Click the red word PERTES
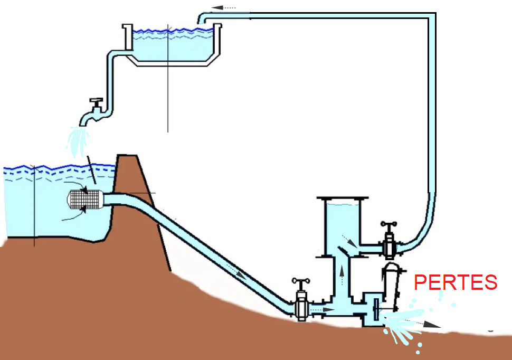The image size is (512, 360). coord(456,282)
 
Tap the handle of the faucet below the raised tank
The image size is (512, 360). coord(96,100)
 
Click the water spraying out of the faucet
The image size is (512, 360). coord(78,140)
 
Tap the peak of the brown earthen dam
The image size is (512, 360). coord(128,157)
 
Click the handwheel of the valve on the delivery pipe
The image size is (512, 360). coord(389,225)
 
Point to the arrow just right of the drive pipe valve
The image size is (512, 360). coord(327,309)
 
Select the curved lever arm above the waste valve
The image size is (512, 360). coord(391,285)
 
